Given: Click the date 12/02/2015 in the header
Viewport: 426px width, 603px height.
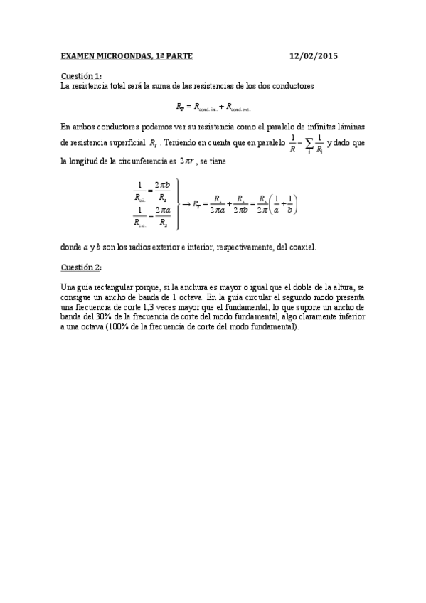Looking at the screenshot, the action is click(315, 55).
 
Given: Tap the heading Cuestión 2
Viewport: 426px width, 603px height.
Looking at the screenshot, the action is click(81, 267).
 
